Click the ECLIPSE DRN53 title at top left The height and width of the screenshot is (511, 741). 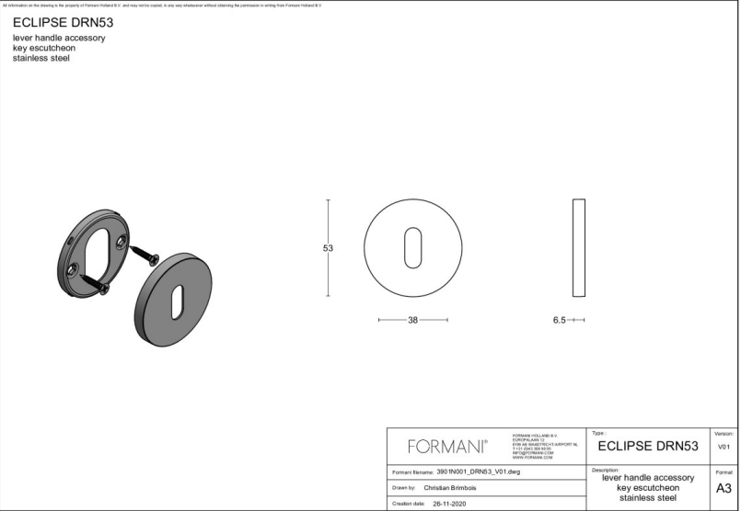(x=63, y=23)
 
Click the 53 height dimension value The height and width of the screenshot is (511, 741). (x=328, y=248)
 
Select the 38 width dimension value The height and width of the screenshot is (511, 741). (x=413, y=321)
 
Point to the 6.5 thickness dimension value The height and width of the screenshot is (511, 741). (x=559, y=321)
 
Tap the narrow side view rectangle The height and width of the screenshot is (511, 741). (x=578, y=247)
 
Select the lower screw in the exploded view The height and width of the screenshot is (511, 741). (x=95, y=281)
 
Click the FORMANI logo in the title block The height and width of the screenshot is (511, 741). (x=447, y=447)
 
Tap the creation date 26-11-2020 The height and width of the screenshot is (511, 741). (x=451, y=504)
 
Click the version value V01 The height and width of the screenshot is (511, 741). (x=724, y=448)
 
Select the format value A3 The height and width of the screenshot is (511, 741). (x=724, y=489)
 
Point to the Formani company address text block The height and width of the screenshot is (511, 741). (x=545, y=445)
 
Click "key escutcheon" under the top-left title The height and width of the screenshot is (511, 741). (x=44, y=48)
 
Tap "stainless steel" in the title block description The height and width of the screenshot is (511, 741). (x=648, y=499)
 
